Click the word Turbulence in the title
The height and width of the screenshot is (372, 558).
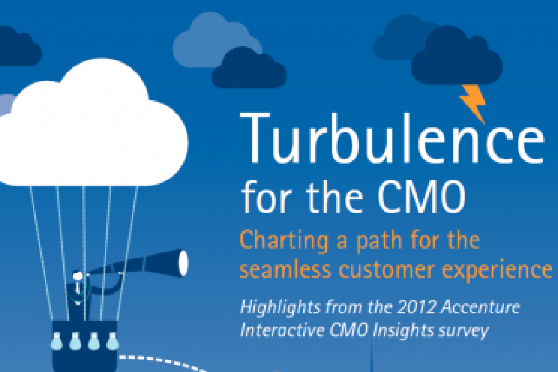[x=392, y=138]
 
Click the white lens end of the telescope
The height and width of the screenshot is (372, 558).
[x=183, y=263]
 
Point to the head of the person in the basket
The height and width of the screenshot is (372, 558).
[x=78, y=275]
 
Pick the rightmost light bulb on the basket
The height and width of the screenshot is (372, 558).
[x=113, y=340]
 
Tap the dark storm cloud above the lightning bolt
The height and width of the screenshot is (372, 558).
[x=456, y=56]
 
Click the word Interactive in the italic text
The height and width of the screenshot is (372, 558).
[x=282, y=330]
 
